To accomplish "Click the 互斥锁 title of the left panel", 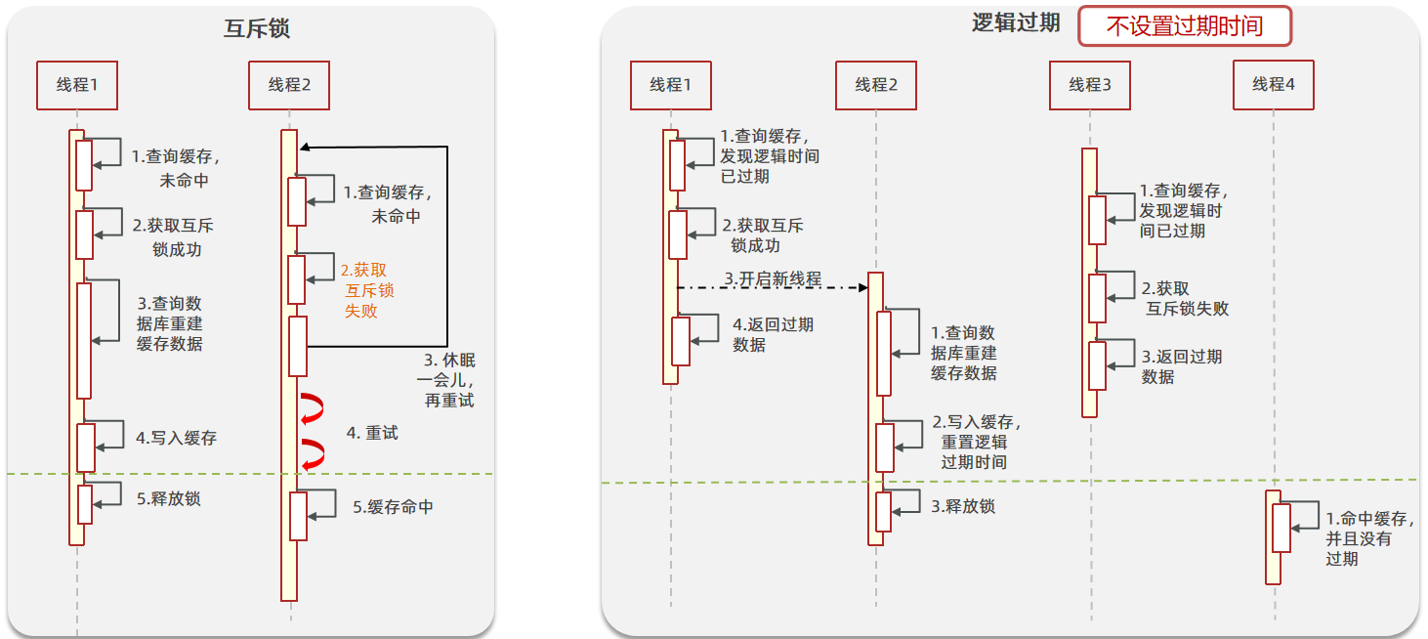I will pos(257,28).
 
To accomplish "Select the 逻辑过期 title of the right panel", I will pos(1016,23).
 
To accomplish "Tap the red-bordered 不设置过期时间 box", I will pos(1184,26).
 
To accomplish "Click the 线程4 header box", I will pos(1273,85).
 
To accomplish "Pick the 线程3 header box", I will pos(1090,85).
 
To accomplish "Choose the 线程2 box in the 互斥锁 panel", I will pos(289,85).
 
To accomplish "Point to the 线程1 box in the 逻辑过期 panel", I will pos(670,85).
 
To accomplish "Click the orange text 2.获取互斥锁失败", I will pos(367,290).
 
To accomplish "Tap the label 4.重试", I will pos(372,433).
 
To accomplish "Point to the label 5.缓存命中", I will pos(393,507).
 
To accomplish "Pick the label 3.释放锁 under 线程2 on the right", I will pos(963,506).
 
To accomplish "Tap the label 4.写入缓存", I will pos(176,438).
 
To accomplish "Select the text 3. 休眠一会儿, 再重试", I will pos(447,380).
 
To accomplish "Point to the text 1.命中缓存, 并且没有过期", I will pos(1365,538).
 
